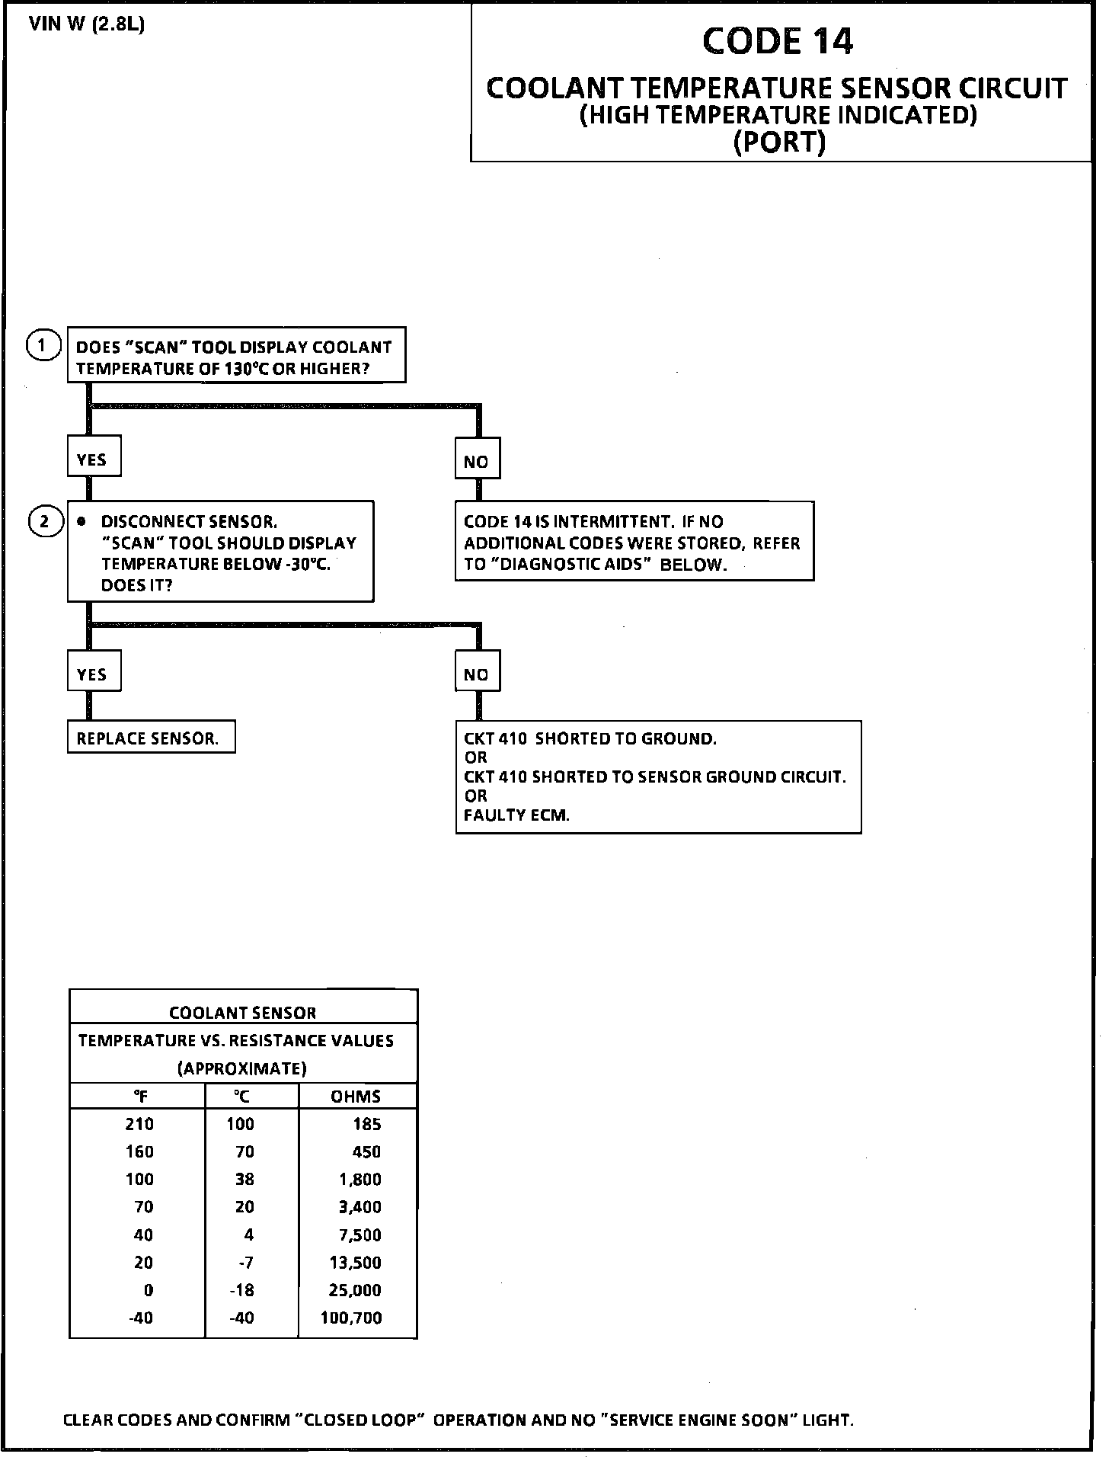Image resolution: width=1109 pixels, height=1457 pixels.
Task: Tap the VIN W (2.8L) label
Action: [87, 24]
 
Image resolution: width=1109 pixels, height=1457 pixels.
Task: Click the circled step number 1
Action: [43, 346]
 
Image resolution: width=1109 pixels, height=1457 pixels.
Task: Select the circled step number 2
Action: [45, 522]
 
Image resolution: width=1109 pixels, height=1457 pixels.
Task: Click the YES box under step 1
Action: [93, 460]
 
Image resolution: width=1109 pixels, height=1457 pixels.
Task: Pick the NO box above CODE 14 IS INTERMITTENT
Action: [477, 461]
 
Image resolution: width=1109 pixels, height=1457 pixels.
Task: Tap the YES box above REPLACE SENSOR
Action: [93, 674]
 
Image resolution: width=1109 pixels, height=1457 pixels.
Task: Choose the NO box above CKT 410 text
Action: [477, 674]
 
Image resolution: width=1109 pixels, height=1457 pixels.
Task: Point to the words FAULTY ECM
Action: [516, 815]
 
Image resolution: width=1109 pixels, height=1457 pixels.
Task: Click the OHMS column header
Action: [356, 1097]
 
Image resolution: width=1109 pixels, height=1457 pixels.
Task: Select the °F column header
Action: [139, 1097]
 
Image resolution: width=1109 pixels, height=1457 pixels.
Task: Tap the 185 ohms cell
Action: [367, 1125]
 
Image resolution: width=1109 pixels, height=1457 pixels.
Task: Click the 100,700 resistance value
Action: [351, 1318]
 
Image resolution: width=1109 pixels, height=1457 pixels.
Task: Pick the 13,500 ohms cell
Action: [355, 1263]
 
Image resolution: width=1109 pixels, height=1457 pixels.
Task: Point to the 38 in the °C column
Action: [243, 1180]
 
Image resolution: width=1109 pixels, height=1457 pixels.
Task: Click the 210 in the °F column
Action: [139, 1125]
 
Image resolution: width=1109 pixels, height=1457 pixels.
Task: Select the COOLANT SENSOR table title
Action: [242, 1013]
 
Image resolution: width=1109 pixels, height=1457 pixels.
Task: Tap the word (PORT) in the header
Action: [778, 142]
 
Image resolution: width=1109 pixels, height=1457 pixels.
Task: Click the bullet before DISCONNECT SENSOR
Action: [81, 522]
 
